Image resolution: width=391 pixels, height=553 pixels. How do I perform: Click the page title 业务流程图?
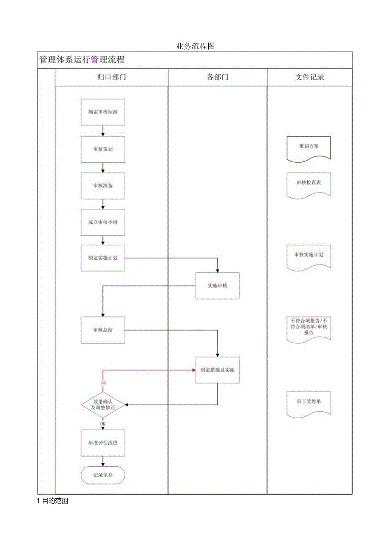click(195, 46)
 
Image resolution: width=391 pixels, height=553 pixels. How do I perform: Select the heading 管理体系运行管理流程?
click(82, 60)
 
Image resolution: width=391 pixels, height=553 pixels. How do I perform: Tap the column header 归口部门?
click(111, 77)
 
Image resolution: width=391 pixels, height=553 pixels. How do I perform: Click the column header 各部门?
click(217, 77)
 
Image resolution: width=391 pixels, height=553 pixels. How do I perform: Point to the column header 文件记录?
click(309, 77)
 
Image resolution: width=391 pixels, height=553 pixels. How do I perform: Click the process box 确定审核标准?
click(103, 112)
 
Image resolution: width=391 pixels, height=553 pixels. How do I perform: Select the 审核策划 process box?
click(103, 149)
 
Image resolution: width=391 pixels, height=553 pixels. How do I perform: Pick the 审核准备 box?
click(103, 186)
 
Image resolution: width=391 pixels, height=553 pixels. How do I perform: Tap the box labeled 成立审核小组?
click(103, 222)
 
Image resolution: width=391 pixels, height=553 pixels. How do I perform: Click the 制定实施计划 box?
click(103, 258)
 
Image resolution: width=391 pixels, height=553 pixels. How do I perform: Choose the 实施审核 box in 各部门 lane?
click(217, 286)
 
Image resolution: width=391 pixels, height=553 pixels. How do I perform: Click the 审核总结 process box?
click(103, 330)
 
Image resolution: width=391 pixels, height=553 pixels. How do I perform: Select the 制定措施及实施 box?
click(217, 370)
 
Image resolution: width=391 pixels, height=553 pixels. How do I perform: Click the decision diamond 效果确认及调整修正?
click(103, 404)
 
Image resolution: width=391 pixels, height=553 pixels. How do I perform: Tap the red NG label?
click(103, 383)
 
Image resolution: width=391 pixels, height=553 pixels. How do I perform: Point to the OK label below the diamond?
click(103, 424)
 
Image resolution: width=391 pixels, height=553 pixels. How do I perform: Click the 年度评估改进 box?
click(103, 442)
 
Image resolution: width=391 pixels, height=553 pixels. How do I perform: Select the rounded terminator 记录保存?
click(103, 475)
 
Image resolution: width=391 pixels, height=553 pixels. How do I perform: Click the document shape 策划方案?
click(309, 147)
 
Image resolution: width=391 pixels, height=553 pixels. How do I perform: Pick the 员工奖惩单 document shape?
click(309, 402)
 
